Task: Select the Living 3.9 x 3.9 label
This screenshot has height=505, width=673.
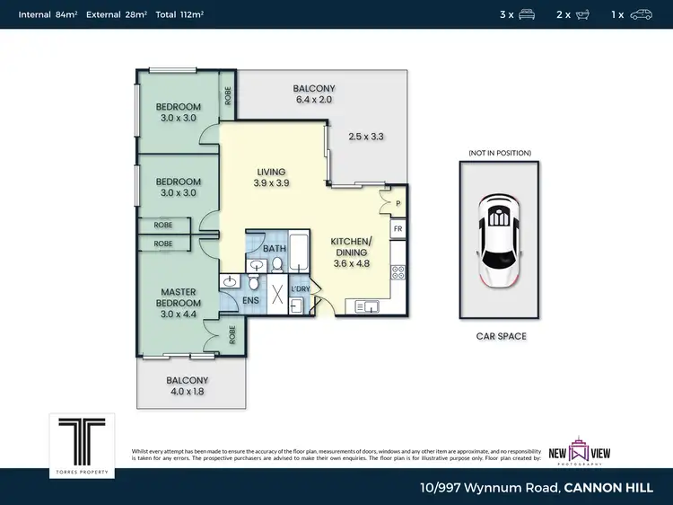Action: (x=270, y=177)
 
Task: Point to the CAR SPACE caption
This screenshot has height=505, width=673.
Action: (x=501, y=336)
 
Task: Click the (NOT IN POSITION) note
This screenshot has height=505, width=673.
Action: (x=500, y=154)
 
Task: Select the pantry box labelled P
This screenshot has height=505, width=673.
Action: (x=397, y=204)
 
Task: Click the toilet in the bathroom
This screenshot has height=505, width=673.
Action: (x=278, y=263)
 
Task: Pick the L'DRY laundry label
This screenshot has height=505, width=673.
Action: (x=300, y=288)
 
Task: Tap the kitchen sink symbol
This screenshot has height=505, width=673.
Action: (x=367, y=307)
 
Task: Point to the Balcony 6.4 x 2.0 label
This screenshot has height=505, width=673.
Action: (x=314, y=94)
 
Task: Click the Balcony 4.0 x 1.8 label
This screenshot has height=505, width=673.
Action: (x=187, y=385)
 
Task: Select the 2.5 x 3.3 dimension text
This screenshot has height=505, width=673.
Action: (x=366, y=137)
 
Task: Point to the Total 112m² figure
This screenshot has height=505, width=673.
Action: (x=179, y=14)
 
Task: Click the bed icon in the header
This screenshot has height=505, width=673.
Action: (x=527, y=14)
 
